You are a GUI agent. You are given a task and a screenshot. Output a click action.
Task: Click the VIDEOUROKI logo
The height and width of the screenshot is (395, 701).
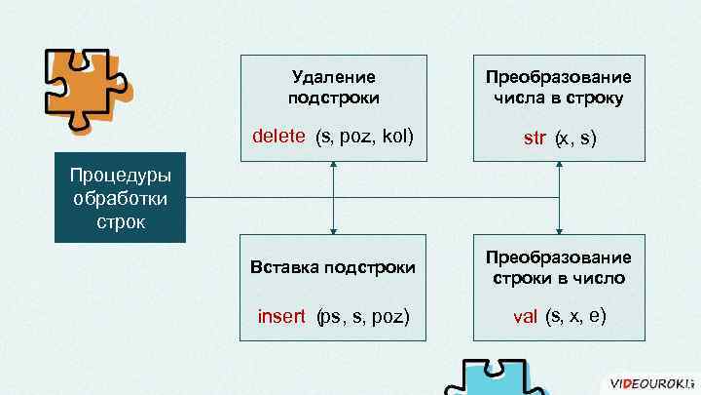coord(646,383)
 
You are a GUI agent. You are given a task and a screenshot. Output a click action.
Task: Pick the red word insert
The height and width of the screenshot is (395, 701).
coord(281,316)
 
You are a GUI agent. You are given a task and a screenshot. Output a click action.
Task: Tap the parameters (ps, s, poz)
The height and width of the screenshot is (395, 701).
coord(363,316)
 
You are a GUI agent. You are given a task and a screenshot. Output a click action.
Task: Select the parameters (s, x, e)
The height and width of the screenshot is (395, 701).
coord(577,315)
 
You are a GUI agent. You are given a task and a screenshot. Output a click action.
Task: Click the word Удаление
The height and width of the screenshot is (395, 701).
coord(334,76)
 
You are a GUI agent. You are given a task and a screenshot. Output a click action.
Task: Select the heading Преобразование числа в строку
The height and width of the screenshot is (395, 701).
coord(559,87)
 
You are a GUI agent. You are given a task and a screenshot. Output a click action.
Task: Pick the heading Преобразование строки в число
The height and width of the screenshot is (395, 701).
coord(559,267)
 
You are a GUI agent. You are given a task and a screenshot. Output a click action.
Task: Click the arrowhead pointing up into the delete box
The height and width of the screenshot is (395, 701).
coord(334,165)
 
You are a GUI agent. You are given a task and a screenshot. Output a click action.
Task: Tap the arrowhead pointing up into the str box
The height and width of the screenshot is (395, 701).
coord(559,165)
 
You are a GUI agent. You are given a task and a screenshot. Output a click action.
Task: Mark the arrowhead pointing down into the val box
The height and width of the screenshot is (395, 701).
coord(559,230)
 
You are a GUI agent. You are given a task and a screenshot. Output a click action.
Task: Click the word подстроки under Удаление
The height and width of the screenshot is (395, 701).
coord(334,98)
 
